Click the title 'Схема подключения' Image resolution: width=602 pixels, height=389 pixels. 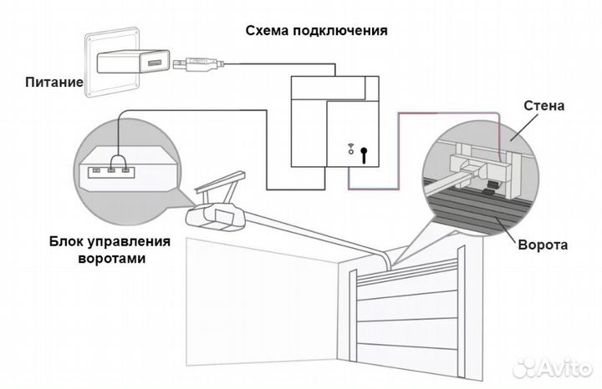[x=316, y=31]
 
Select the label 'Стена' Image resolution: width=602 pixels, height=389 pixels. [x=544, y=106]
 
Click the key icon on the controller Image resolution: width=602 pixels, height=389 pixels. [x=365, y=154]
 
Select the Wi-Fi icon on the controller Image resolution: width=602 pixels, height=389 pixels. [x=350, y=150]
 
